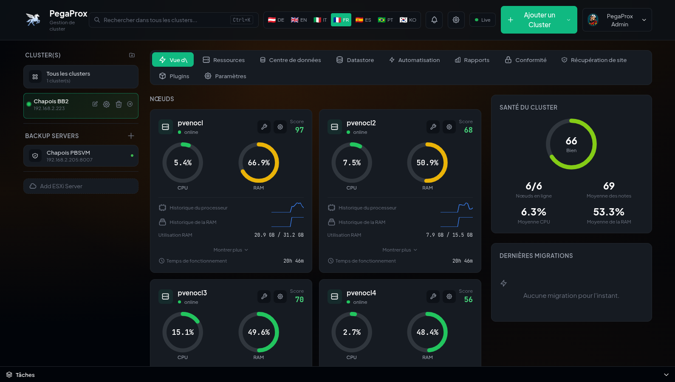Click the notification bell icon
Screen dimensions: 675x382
[x=434, y=20]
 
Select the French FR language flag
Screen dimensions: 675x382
[x=341, y=20]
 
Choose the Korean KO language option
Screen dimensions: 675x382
[x=408, y=20]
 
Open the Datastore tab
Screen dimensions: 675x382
[x=355, y=60]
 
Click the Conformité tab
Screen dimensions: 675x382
[x=525, y=60]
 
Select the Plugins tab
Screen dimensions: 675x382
[x=174, y=76]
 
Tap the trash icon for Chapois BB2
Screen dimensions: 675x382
[x=119, y=105]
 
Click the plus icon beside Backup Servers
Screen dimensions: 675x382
[x=131, y=136]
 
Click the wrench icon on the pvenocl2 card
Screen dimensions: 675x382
[x=433, y=127]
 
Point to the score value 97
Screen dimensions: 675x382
[x=299, y=130]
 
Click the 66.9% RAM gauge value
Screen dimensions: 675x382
[x=259, y=163]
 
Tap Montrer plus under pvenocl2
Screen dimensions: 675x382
[x=400, y=250]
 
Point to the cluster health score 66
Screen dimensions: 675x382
[x=571, y=141]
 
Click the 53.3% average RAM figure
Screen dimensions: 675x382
[x=609, y=212]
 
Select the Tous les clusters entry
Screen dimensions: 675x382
[x=81, y=76]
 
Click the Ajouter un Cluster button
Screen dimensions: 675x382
[x=539, y=20]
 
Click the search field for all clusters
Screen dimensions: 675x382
[x=174, y=20]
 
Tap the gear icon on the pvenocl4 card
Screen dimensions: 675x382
[x=449, y=296]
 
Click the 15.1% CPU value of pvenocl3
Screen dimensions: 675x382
[x=183, y=332]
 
